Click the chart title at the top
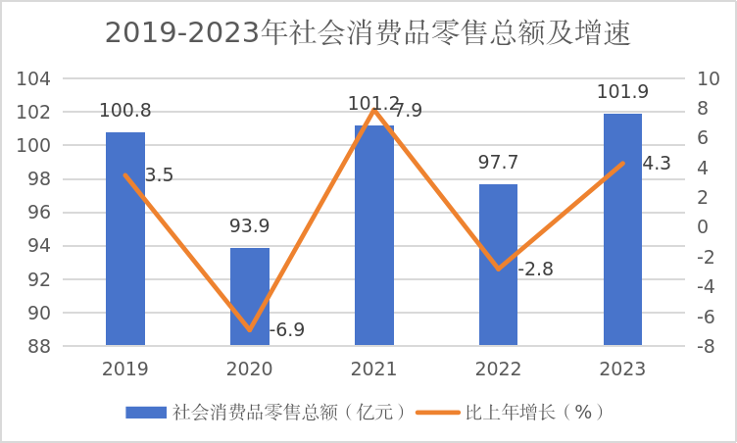[368, 33]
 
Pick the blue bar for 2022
[498, 265]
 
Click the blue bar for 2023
[622, 229]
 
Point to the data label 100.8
[125, 111]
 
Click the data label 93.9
[250, 226]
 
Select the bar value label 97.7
[498, 163]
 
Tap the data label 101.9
[622, 92]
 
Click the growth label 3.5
[159, 175]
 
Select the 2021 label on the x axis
[373, 369]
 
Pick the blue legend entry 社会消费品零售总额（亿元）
[266, 413]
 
